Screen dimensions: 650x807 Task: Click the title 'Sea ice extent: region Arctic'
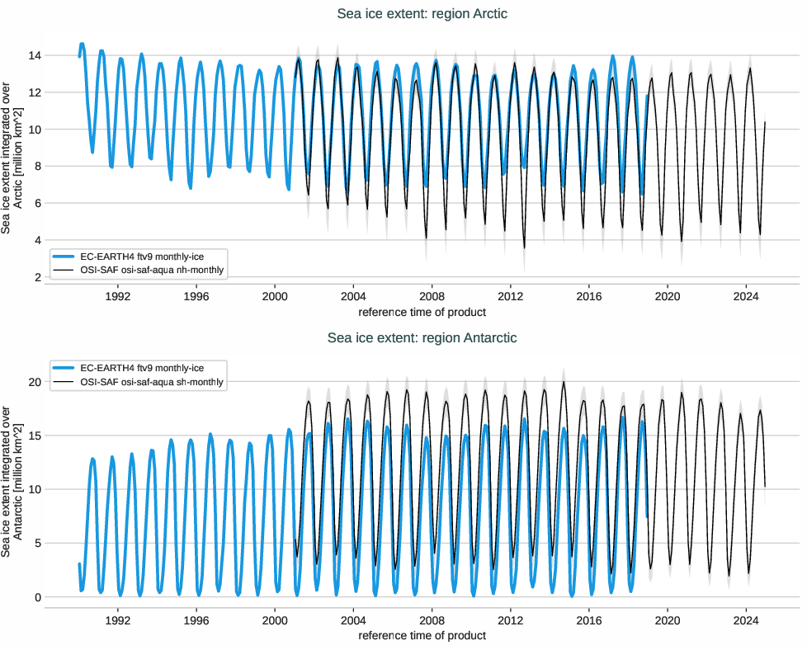422,13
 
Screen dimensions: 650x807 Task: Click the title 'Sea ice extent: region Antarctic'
422,337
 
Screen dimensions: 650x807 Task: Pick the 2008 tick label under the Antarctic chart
432,619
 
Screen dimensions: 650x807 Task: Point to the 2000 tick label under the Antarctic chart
275,619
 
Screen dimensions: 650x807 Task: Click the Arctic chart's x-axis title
422,312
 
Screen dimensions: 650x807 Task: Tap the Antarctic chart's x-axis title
422,635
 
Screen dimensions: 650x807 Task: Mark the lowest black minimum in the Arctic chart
524,247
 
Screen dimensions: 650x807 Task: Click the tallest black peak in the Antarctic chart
564,382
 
